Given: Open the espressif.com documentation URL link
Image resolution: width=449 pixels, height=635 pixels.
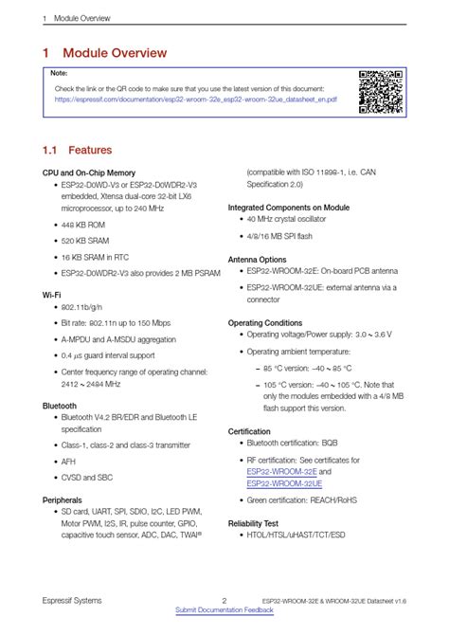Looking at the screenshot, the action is coord(195,98).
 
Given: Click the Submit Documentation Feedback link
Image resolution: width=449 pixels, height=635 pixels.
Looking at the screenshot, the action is coord(224,610).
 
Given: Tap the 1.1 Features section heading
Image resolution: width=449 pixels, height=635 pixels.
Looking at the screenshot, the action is coord(77,150).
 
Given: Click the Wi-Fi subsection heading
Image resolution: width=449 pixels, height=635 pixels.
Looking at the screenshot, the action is coord(51,296).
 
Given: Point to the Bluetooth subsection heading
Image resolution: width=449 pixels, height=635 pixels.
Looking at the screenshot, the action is coord(60,406).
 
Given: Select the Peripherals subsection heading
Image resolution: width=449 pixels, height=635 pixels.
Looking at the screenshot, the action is coord(63,499).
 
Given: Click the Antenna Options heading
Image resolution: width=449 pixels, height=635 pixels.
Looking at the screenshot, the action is coord(258,259).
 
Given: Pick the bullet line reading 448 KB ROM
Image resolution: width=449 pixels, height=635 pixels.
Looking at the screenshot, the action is coord(83,226).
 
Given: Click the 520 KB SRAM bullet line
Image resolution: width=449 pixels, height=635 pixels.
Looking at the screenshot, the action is coord(86,242).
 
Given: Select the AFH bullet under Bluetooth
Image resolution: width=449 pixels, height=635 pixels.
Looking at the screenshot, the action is coord(68,462).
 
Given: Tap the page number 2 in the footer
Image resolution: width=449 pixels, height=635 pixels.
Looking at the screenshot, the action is coord(224,600).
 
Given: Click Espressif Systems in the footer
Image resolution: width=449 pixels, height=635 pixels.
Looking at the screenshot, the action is coord(72,600).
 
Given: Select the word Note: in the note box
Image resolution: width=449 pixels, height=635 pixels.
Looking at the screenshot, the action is coord(59,73).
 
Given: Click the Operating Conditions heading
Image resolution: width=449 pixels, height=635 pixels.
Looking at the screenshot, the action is coord(265,323).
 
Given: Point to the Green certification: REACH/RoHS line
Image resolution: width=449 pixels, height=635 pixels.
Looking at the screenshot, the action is coord(301,499).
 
